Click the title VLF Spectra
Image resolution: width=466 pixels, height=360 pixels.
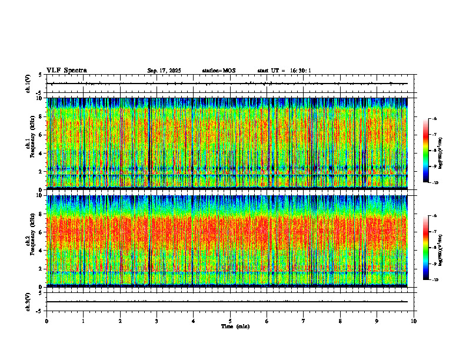click(x=66, y=71)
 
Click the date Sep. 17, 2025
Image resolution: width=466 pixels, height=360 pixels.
click(x=164, y=71)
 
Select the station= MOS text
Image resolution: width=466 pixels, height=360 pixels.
click(x=218, y=71)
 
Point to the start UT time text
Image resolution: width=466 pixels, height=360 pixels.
click(x=284, y=71)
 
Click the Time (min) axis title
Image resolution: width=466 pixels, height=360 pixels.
click(x=235, y=326)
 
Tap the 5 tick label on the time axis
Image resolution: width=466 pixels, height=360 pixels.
click(x=230, y=321)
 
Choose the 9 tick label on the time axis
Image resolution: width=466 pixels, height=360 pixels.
click(x=377, y=321)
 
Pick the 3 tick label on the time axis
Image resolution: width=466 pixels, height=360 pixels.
click(x=157, y=321)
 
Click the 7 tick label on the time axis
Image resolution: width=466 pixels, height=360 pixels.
click(x=304, y=321)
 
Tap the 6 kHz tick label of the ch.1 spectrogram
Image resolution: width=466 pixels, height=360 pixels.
click(x=40, y=135)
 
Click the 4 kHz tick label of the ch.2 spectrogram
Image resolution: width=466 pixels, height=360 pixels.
click(x=40, y=250)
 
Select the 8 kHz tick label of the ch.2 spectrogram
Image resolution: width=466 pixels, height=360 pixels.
click(x=40, y=214)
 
